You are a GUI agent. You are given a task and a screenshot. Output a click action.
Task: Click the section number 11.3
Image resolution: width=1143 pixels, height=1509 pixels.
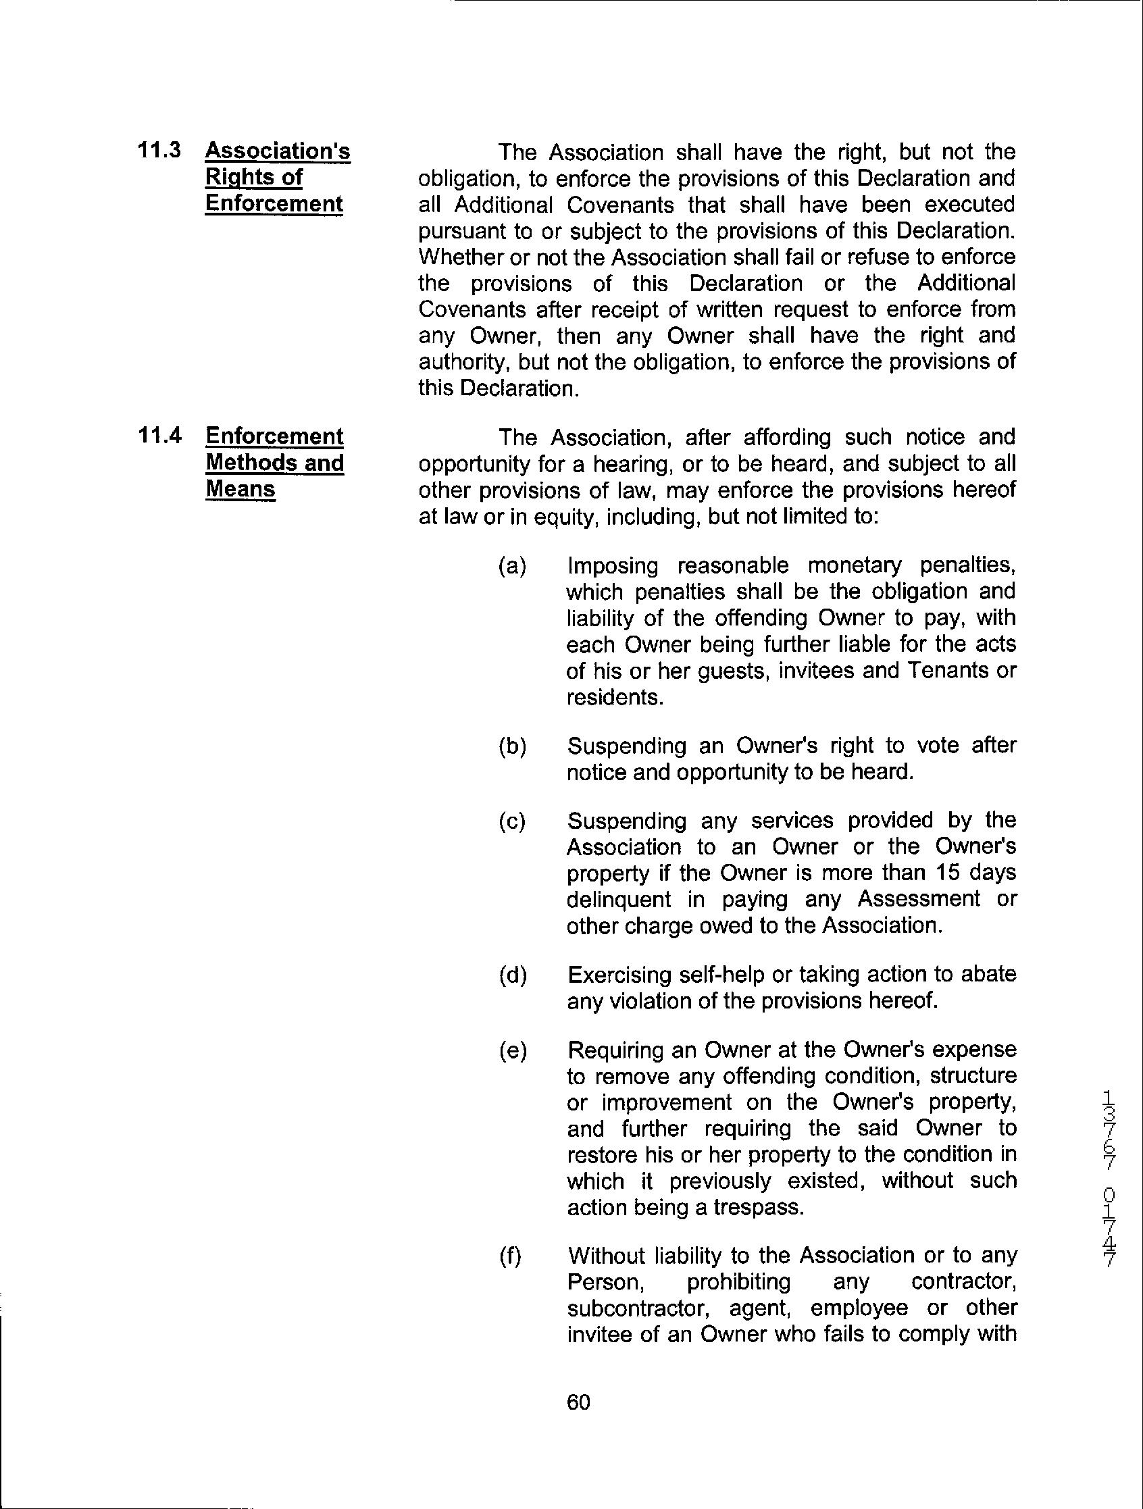(159, 151)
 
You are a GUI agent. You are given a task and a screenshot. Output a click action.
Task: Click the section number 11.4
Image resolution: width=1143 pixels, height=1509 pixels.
(159, 436)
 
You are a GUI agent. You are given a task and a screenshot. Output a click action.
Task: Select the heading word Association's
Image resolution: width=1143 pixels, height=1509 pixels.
(277, 151)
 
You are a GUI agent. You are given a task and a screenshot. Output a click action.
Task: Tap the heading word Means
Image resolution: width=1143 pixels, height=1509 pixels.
(240, 489)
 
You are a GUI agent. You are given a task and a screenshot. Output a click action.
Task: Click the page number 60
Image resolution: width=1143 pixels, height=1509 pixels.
(578, 1402)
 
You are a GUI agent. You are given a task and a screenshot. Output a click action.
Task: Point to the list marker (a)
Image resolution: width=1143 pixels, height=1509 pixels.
(513, 566)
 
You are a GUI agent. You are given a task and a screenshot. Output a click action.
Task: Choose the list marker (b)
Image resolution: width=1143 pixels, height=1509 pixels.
(513, 746)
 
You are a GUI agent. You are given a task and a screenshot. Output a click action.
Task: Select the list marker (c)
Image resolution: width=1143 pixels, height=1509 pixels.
(513, 821)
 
